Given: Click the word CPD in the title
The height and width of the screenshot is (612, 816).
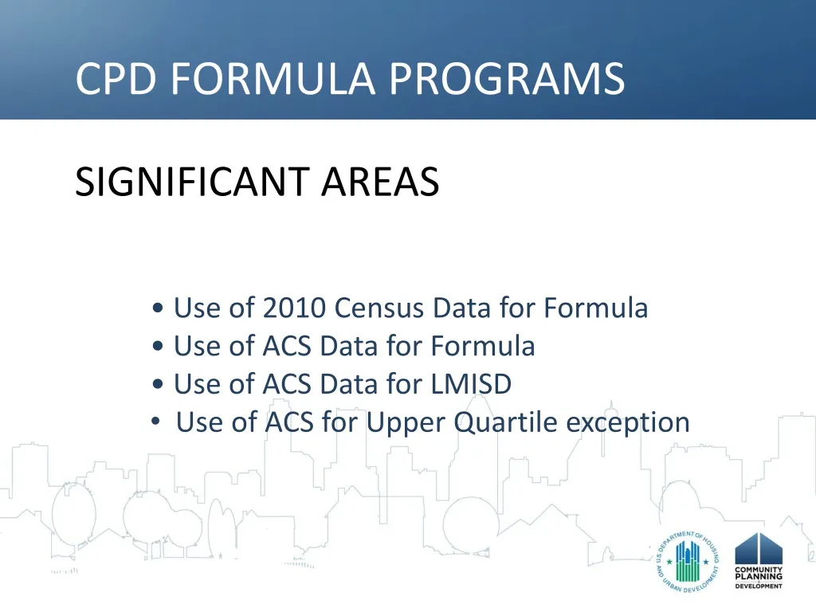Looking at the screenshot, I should [x=116, y=79].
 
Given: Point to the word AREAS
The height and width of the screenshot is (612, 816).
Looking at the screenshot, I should [x=380, y=182].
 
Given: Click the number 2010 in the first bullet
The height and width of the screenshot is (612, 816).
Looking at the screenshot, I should [x=294, y=308].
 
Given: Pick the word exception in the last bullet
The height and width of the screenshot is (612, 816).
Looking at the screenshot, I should [x=628, y=422].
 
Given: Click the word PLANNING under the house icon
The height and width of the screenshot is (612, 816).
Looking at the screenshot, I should [x=759, y=578].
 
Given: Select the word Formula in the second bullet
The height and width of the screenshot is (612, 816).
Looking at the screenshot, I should [x=483, y=346].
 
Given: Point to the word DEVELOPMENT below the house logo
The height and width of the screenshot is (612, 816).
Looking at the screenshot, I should [x=759, y=586].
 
